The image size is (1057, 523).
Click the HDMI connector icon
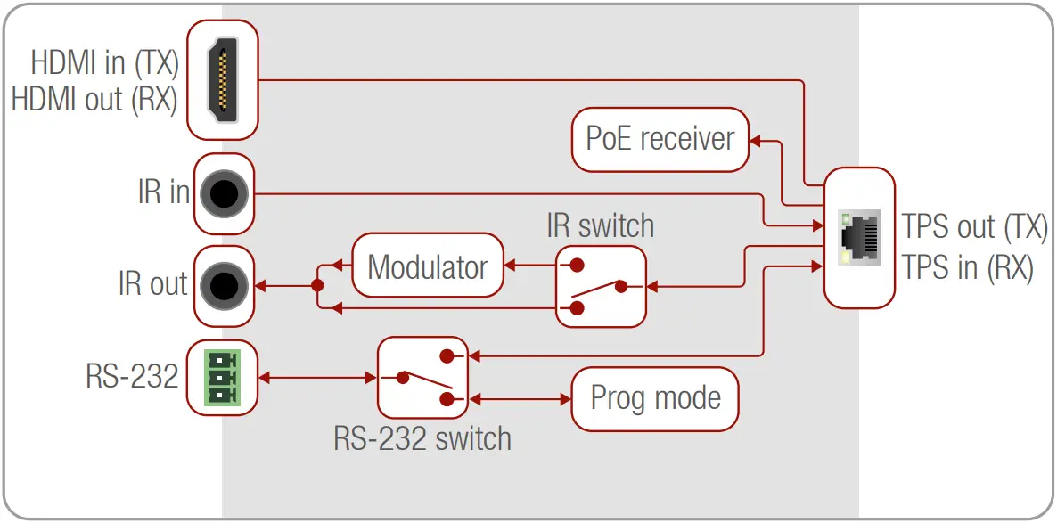coord(223,79)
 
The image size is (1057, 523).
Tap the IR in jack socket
coord(222,193)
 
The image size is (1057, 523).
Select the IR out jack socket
coord(222,286)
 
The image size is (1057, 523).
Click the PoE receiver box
coord(660,139)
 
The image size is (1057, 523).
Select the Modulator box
coord(428,266)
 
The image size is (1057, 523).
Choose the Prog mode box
coord(655,398)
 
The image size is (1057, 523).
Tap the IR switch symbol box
coord(601,286)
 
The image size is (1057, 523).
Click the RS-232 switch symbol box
coord(422,378)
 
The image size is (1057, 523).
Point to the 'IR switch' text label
coord(600,226)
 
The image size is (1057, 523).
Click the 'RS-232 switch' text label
coord(422,438)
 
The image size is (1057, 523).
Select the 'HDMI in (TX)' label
coord(105,63)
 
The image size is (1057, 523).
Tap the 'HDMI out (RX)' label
coord(94,99)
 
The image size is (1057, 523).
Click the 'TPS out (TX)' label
coord(974,226)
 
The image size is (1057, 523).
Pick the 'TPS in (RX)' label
coord(968,266)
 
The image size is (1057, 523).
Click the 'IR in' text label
coord(164,192)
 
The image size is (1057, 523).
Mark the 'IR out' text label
coord(153,284)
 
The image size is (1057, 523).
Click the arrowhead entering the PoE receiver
coord(755,140)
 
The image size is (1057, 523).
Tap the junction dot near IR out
coord(316,286)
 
